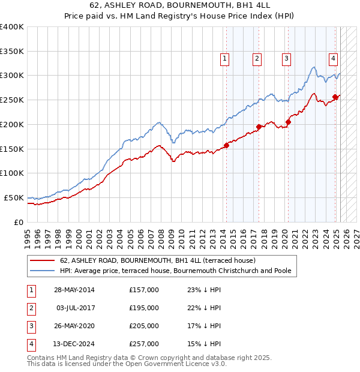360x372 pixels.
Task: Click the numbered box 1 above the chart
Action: [x=224, y=58]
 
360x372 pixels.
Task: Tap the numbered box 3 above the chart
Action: [x=286, y=58]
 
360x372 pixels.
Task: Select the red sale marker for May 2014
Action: [x=227, y=145]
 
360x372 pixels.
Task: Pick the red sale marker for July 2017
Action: [x=259, y=127]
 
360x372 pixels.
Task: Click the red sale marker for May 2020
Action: [x=288, y=122]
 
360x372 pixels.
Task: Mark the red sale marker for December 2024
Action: [x=335, y=97]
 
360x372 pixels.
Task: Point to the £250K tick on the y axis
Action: [x=11, y=100]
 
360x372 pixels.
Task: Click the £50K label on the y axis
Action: [x=14, y=197]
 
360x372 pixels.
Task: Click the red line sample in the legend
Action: [x=42, y=260]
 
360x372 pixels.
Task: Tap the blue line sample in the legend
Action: [x=42, y=271]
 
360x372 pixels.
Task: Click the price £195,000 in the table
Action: [x=144, y=308]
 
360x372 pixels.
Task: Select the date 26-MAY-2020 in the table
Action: [x=74, y=326]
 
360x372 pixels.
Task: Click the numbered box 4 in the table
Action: [x=31, y=344]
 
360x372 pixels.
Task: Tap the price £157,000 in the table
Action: [x=144, y=290]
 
